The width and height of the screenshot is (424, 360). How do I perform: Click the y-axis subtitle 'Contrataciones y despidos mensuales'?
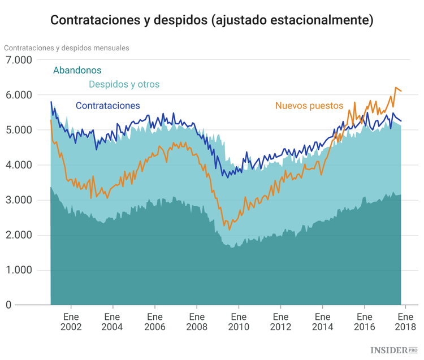tap(67, 47)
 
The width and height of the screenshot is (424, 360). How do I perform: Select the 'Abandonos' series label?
tap(77, 71)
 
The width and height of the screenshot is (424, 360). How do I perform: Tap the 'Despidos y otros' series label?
tap(124, 84)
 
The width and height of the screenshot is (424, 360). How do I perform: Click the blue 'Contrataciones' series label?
tap(107, 106)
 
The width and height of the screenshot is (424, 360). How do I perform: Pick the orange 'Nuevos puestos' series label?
tap(309, 106)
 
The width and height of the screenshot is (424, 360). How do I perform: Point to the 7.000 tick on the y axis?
tap(20, 60)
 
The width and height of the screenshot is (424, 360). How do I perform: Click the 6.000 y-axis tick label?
tap(20, 95)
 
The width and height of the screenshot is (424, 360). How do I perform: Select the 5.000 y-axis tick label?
tap(20, 130)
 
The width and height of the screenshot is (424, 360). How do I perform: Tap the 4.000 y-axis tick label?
tap(20, 165)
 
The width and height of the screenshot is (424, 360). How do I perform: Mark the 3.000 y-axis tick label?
tap(20, 200)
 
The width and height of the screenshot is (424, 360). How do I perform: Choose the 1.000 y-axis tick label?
tap(20, 270)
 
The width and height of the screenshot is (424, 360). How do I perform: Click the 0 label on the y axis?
tap(8, 305)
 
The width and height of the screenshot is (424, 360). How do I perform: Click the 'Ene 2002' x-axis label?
tap(71, 322)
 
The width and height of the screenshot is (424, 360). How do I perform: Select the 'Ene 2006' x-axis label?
tap(154, 322)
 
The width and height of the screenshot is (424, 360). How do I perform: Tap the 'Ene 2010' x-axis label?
tap(238, 322)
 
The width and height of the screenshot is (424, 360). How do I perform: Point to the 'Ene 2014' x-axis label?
tap(322, 322)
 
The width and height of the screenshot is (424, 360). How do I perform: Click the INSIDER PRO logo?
tap(394, 350)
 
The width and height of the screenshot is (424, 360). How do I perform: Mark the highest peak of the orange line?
tap(396, 88)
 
